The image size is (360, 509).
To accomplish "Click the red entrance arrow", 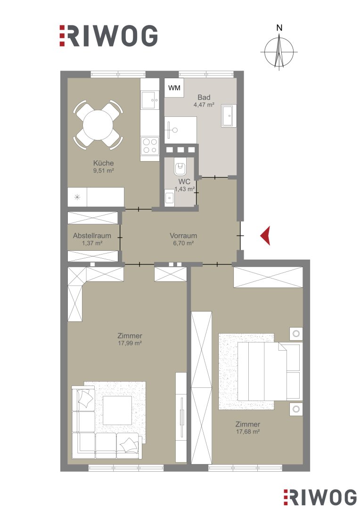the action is coord(267,236).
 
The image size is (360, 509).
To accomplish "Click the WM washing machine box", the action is coord(174,88).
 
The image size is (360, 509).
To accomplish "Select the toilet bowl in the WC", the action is coord(180,167).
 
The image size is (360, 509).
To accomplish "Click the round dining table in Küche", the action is coord(98,125).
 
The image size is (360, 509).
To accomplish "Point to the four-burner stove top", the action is coord(150,146).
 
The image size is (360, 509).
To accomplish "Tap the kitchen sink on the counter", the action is coord(150,100).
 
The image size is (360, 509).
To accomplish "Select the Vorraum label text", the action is coord(183,236).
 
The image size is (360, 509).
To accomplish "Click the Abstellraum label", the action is coord(92,236).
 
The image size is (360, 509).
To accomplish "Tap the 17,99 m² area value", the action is coord(130,343).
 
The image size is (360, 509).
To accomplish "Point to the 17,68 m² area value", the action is coord(248,431).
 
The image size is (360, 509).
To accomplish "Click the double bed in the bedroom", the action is coord(268,371).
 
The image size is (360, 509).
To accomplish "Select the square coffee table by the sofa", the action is coord(117,410).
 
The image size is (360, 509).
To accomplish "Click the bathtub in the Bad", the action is coord(229,115).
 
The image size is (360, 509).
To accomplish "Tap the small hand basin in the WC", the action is coord(169,197).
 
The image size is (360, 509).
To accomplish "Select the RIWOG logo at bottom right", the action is coord(320,497).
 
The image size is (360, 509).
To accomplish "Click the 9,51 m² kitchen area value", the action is coord(104,171).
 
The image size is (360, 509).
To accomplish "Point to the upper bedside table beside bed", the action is coord(296,334).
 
